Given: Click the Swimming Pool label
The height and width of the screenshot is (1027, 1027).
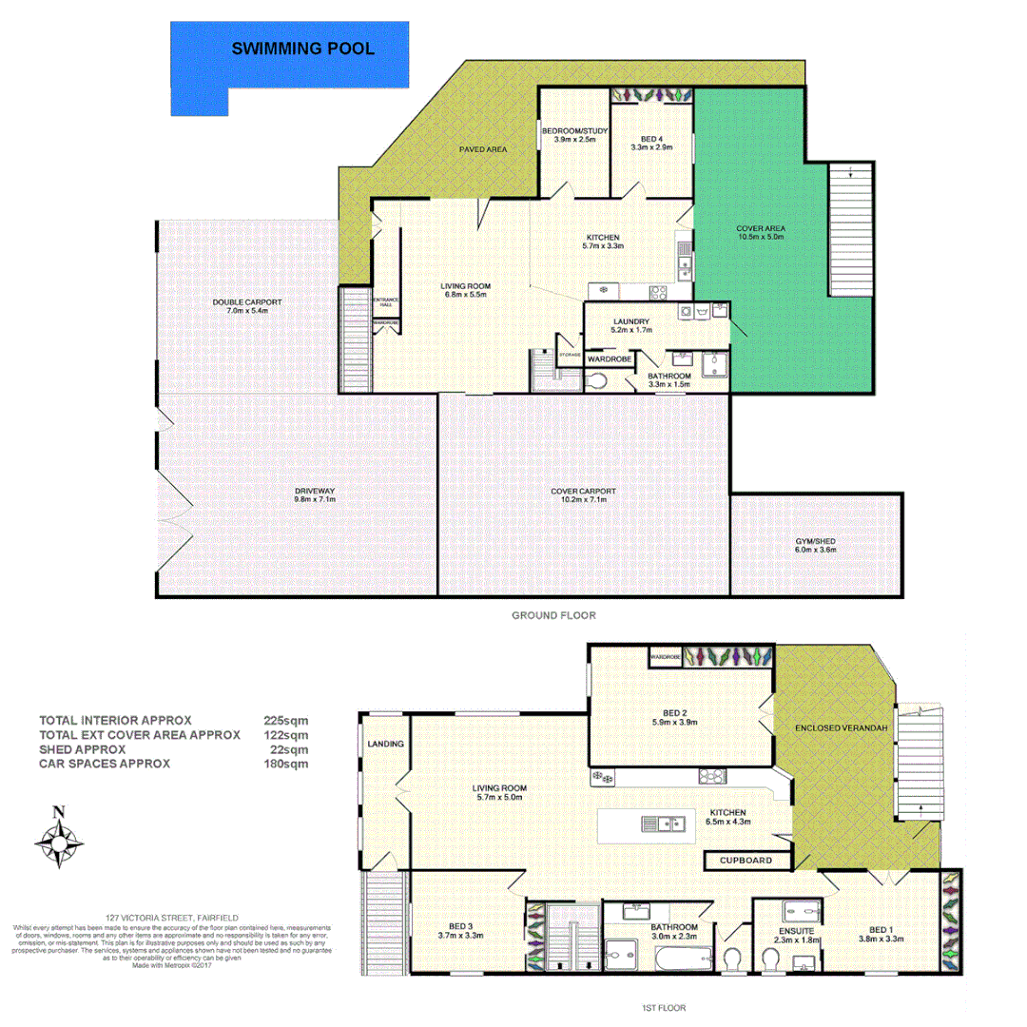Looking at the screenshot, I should pyautogui.click(x=303, y=48).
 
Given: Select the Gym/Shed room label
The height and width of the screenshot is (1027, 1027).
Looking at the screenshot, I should pyautogui.click(x=815, y=542).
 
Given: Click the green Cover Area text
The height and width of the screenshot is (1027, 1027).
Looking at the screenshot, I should pyautogui.click(x=761, y=228).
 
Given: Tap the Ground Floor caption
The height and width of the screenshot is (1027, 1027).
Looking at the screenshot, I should pyautogui.click(x=553, y=615).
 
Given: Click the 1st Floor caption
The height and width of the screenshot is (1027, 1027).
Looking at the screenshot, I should pyautogui.click(x=665, y=1007).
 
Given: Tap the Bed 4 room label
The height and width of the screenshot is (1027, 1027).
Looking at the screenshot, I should pyautogui.click(x=651, y=139).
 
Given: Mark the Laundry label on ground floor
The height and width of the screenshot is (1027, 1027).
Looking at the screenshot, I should pyautogui.click(x=631, y=321).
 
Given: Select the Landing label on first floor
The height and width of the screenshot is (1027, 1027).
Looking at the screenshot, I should pyautogui.click(x=385, y=744).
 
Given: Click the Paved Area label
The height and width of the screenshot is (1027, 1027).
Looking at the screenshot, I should pyautogui.click(x=483, y=149).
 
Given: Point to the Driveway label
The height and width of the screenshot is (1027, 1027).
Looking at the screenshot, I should pyautogui.click(x=315, y=492).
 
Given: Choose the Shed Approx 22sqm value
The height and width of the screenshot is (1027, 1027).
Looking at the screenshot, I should pyautogui.click(x=289, y=748).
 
